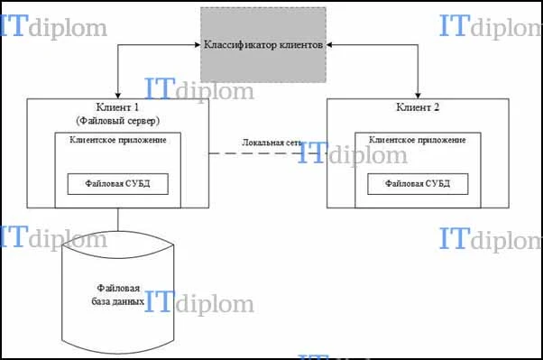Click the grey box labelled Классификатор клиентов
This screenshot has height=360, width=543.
[263, 45]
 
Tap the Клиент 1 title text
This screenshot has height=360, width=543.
[117, 107]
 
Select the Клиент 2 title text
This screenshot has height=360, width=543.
[418, 107]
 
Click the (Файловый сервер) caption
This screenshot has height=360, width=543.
[118, 121]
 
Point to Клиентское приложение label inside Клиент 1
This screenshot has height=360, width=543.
[118, 140]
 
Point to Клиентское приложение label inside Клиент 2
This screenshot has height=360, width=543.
[418, 140]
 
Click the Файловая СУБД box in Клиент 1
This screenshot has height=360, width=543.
[118, 184]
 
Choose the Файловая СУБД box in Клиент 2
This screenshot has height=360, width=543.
[418, 184]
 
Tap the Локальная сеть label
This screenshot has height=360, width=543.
[271, 143]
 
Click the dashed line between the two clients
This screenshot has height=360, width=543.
[268, 153]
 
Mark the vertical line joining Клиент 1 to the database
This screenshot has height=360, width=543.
[118, 219]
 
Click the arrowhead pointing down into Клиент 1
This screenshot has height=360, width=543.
[118, 96]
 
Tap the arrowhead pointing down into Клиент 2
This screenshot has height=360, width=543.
[418, 96]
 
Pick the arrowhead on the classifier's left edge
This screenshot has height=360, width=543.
[198, 45]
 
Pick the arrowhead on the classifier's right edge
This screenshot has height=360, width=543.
[329, 45]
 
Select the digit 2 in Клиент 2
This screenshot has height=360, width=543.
[436, 107]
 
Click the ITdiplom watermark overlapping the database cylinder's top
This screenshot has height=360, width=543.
[54, 237]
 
